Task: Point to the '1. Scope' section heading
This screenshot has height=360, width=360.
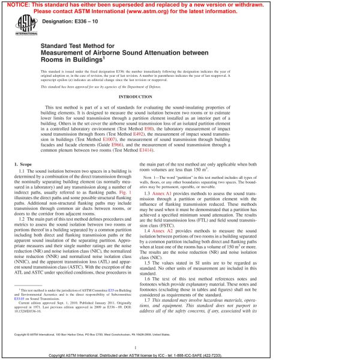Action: (24, 164)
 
